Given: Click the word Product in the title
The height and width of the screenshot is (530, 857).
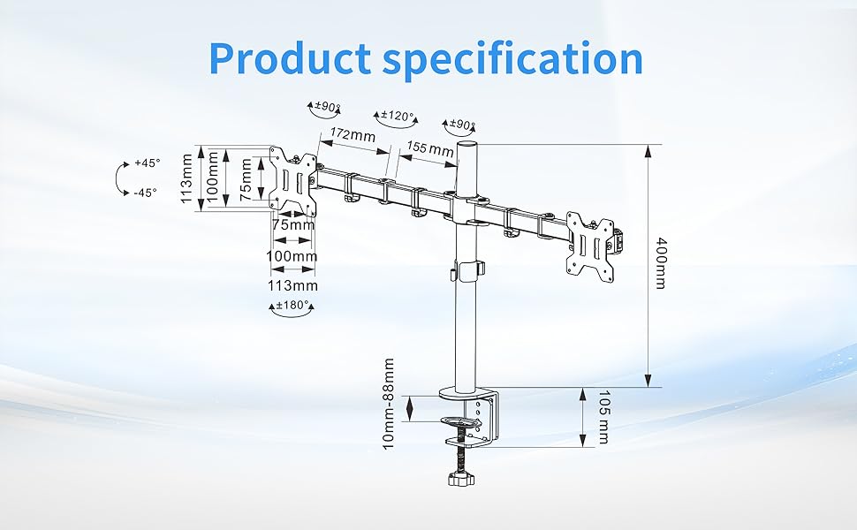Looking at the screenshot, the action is [x=290, y=58].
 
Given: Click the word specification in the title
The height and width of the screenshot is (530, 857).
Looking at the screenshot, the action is [x=512, y=59].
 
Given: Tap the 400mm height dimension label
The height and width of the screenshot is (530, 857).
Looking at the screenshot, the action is [x=661, y=263].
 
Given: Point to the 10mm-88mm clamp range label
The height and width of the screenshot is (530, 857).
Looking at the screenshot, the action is [x=389, y=404].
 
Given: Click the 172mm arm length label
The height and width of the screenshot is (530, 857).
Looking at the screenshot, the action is [x=353, y=134].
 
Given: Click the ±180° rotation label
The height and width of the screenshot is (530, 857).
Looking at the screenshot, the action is [x=293, y=305].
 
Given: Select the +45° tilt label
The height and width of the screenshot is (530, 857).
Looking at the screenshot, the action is [x=148, y=163].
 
